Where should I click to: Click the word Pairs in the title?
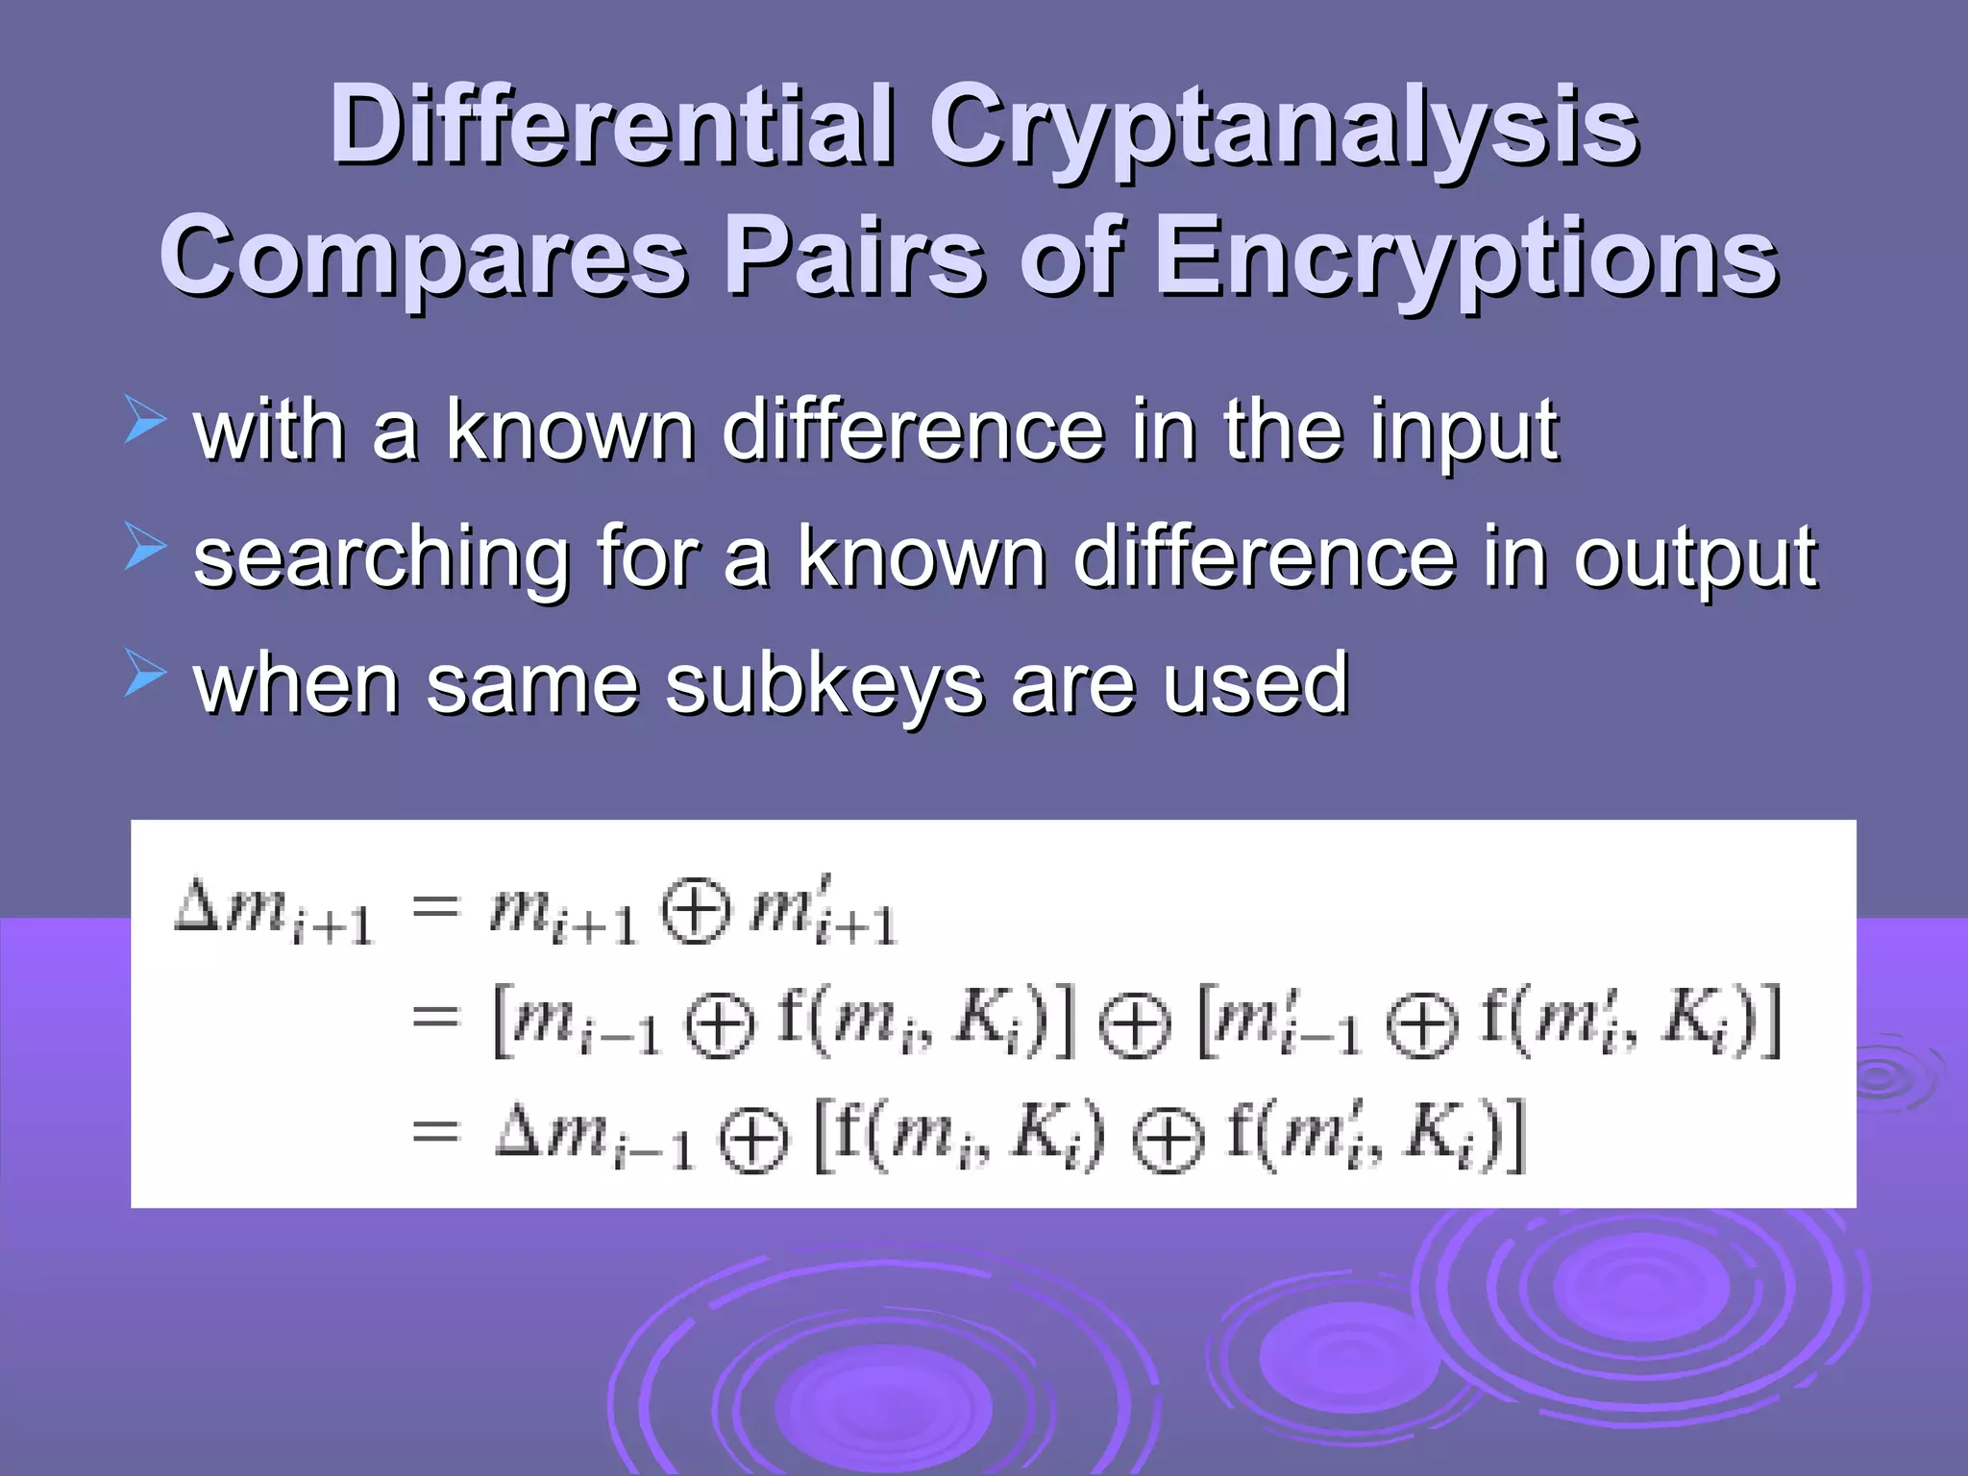853,258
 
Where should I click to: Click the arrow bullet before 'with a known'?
145,423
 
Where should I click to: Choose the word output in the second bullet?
1695,559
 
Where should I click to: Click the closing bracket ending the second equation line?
1770,1021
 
